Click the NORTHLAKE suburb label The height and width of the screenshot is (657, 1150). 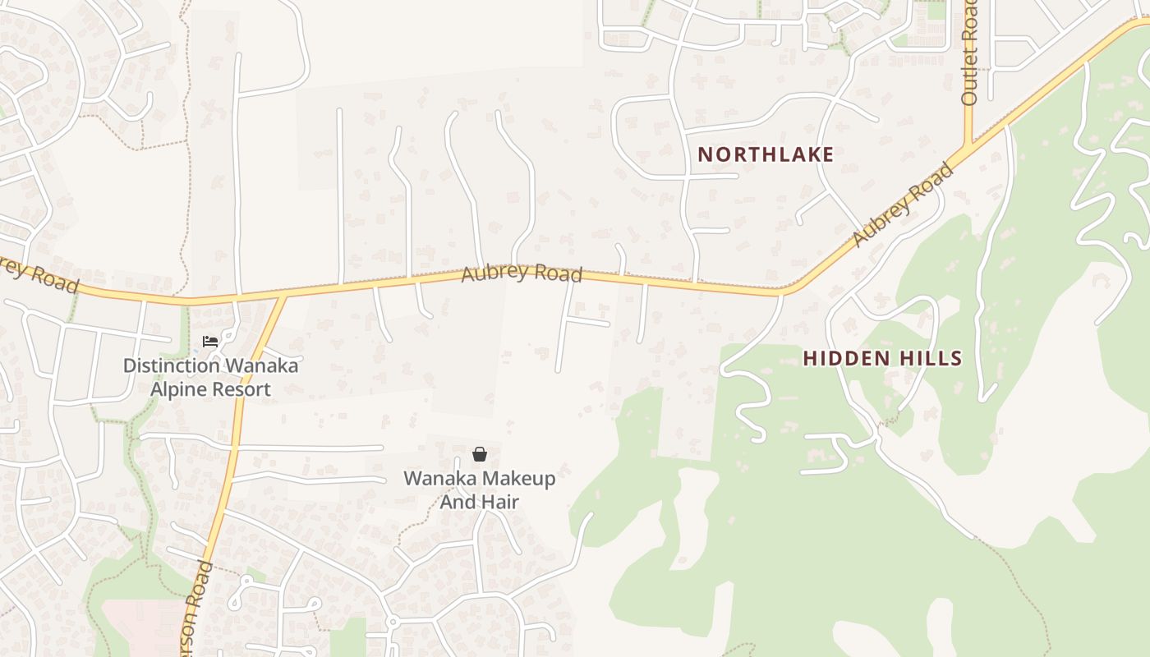(x=766, y=154)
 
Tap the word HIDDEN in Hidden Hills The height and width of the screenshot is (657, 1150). (x=846, y=358)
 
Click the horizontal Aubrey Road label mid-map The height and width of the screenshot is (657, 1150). (x=522, y=273)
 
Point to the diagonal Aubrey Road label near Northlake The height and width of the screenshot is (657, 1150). (x=903, y=204)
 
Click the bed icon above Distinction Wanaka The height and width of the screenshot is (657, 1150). (x=210, y=341)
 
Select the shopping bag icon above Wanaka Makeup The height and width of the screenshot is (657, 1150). (x=480, y=454)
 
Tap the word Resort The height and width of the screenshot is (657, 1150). (x=241, y=388)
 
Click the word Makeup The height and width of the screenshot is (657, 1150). (x=517, y=478)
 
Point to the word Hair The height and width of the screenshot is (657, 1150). (x=501, y=501)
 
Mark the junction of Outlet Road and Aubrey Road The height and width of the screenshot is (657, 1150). (x=968, y=145)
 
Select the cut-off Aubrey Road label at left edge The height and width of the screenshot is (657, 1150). (x=37, y=273)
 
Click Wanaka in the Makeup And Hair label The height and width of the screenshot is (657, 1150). (x=439, y=478)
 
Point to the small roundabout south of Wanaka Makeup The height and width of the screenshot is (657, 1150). (x=393, y=622)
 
